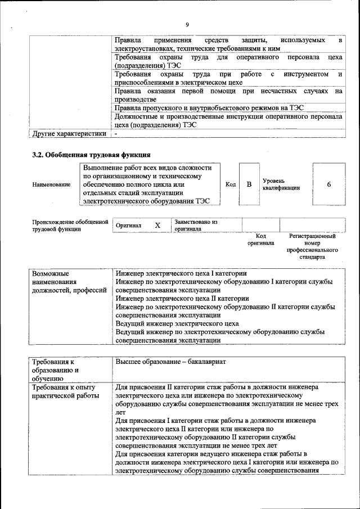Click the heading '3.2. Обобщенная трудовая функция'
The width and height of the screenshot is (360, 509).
[91, 154]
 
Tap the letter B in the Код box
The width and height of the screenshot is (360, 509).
[249, 184]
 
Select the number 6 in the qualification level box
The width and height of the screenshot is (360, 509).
[328, 184]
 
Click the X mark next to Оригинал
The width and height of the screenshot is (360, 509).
[157, 225]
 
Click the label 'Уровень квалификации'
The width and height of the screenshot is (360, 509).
[281, 184]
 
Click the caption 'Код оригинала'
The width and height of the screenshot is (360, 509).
[260, 240]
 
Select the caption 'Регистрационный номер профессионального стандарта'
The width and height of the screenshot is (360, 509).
[312, 246]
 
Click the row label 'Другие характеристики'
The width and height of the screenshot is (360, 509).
[69, 134]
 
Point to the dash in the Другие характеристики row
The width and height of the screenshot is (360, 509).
[116, 134]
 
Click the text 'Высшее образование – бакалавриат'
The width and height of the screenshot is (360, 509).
[170, 362]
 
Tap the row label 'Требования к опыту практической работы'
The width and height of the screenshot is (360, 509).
[64, 391]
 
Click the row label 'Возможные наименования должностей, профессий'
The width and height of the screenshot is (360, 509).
[69, 281]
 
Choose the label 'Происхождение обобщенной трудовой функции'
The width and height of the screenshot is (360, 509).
[70, 225]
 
